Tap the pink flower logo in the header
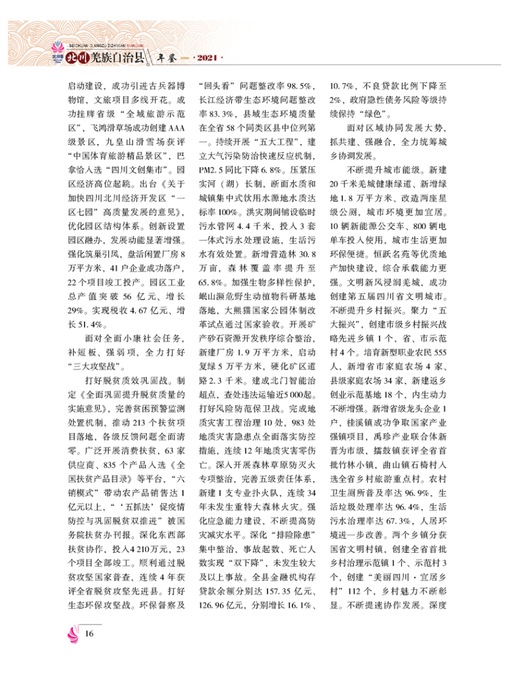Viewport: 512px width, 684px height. [x=56, y=51]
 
